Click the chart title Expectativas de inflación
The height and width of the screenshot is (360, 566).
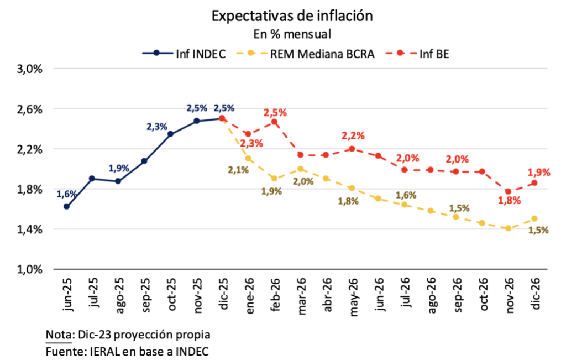292,16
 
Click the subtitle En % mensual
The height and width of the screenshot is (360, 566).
292,34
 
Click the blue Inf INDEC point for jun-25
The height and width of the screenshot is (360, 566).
66,206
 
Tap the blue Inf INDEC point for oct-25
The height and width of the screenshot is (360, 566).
170,134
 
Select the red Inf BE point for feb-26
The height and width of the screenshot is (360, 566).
274,122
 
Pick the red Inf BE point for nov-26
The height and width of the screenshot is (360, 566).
508,191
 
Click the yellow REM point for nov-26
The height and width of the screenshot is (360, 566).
508,228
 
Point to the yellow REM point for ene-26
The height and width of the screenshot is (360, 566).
248,158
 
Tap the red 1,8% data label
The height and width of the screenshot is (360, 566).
509,201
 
